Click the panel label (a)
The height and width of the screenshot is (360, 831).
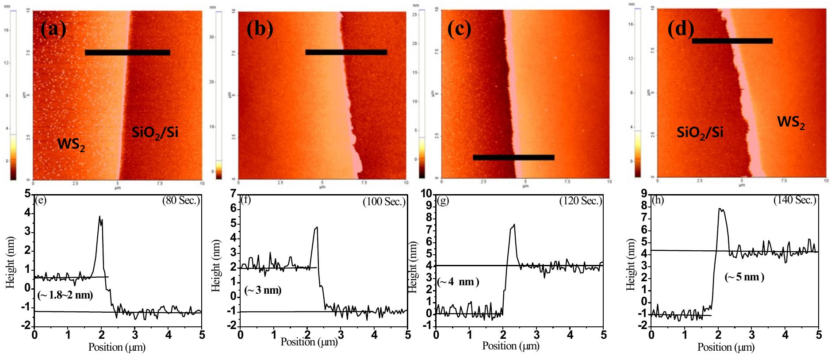click(x=53, y=29)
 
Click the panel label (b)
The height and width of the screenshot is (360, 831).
click(x=260, y=29)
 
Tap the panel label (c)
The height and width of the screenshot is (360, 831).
click(x=459, y=29)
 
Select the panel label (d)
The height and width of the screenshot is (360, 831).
click(x=680, y=29)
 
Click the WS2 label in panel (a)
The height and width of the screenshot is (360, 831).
click(x=71, y=145)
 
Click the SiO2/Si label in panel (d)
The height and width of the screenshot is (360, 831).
click(x=700, y=132)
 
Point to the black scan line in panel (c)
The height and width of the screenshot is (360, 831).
click(x=513, y=157)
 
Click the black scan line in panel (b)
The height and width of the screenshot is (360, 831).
click(x=346, y=52)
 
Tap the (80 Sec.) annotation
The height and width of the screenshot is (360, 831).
click(x=181, y=200)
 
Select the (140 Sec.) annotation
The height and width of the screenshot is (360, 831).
click(x=794, y=200)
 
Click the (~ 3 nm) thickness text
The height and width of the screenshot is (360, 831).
click(x=263, y=290)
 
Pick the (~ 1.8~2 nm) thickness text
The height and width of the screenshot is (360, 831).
click(x=65, y=295)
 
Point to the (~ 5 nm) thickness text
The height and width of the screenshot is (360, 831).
click(x=744, y=277)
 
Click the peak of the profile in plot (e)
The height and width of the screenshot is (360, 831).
click(x=100, y=217)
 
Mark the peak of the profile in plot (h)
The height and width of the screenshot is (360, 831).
click(x=720, y=209)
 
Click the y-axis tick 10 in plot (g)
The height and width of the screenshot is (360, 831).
click(x=426, y=194)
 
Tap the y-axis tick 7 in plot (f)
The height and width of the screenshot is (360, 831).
click(x=234, y=194)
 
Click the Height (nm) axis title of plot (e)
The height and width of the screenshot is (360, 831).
click(x=11, y=262)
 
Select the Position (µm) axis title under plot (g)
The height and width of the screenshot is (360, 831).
click(x=510, y=346)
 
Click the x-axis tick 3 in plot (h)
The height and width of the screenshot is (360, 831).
click(x=751, y=335)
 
